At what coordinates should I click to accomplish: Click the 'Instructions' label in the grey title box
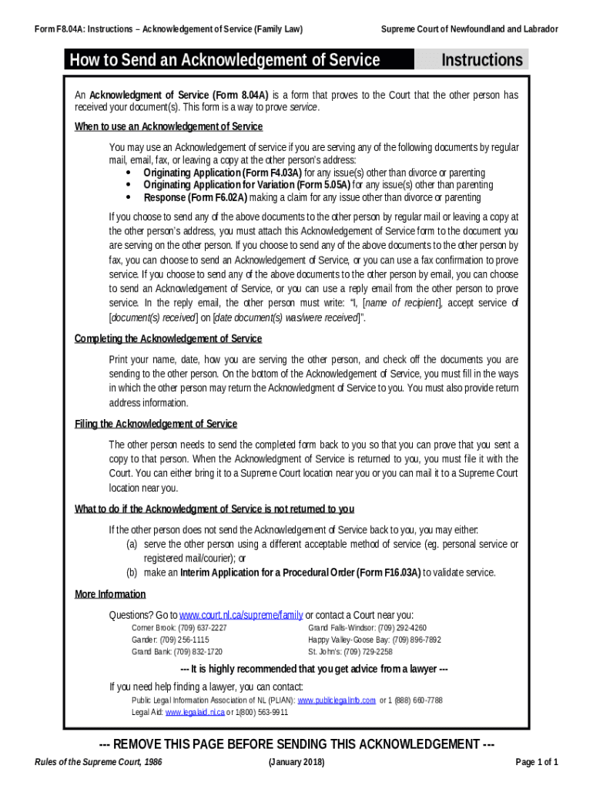[x=481, y=60]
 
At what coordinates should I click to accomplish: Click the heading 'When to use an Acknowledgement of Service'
[x=168, y=126]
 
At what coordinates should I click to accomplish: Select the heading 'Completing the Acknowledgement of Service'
[x=168, y=338]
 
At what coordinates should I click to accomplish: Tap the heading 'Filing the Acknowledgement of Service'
[x=156, y=424]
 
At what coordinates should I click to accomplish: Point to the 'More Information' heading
[x=110, y=594]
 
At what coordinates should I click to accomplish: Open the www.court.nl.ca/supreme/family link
[x=241, y=615]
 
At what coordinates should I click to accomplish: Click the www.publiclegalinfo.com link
[x=337, y=700]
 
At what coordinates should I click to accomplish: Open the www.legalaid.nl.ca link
[x=195, y=712]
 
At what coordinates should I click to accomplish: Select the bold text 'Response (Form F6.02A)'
[x=196, y=197]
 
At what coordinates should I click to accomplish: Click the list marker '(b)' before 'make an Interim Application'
[x=132, y=572]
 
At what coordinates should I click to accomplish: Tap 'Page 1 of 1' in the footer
[x=536, y=762]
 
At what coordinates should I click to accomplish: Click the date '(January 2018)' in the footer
[x=296, y=762]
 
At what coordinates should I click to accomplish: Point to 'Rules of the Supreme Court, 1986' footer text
[x=103, y=762]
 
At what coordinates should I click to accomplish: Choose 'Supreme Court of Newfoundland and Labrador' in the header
[x=470, y=29]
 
